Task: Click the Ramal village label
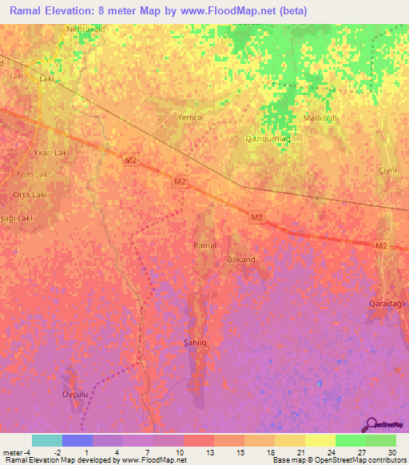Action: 205,245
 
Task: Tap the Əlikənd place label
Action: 240,260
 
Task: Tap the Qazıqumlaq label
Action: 266,138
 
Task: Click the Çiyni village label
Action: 387,172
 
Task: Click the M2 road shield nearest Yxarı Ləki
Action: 131,161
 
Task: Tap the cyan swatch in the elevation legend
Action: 46,440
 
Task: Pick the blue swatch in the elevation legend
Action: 77,440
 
